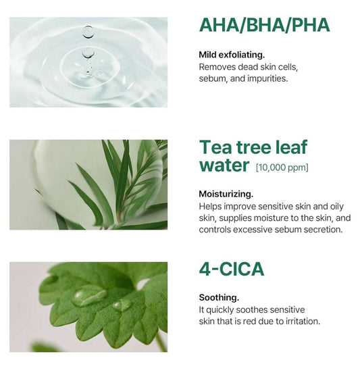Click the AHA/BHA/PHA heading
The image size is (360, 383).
(264, 26)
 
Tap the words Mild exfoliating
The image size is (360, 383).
(232, 55)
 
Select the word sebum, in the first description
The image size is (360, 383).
(213, 79)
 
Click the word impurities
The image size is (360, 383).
(270, 79)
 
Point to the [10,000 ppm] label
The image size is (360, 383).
(282, 166)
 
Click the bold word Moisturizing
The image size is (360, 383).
(226, 193)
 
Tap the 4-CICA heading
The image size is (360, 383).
(232, 269)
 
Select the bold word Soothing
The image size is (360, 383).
(219, 297)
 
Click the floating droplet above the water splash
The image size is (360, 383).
(88, 30)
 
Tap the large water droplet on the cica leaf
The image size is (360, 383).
(88, 295)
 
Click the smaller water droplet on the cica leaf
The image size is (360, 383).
(122, 305)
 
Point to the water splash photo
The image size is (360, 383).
(88, 62)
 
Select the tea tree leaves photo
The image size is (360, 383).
(88, 184)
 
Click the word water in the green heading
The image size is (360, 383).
(224, 165)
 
